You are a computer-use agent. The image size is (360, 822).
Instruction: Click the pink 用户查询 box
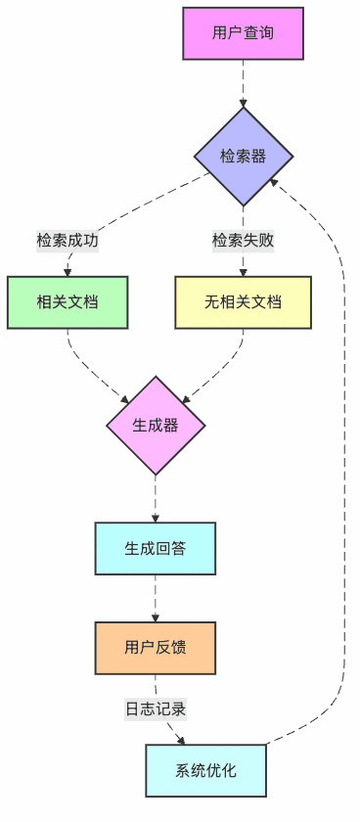coord(243,33)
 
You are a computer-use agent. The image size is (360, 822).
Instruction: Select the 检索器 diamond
coord(243,157)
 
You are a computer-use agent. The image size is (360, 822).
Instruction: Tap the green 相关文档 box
coord(67,302)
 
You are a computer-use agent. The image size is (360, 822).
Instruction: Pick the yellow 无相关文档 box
coord(243,302)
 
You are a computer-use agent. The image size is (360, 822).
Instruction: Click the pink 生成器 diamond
coord(156,426)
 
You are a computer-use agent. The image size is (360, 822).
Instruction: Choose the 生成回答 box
coord(156,548)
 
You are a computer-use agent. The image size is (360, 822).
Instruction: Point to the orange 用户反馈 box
coord(156,647)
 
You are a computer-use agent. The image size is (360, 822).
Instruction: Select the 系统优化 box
coord(205,769)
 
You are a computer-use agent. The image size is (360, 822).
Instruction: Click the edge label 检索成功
coord(67,241)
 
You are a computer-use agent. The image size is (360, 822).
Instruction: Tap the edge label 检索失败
coord(243,241)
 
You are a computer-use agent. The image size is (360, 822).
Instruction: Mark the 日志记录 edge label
coord(156,708)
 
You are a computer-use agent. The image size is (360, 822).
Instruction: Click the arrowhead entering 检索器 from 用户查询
coord(243,102)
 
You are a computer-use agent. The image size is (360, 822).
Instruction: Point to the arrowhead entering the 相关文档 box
coord(67,272)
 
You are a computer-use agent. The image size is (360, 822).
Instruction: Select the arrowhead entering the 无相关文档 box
coord(243,272)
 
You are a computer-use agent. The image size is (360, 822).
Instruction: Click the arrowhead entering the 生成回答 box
coord(156,518)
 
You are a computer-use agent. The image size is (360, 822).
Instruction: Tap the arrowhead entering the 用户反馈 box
coord(156,616)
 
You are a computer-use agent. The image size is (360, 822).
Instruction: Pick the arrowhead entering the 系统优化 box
coord(181,740)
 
